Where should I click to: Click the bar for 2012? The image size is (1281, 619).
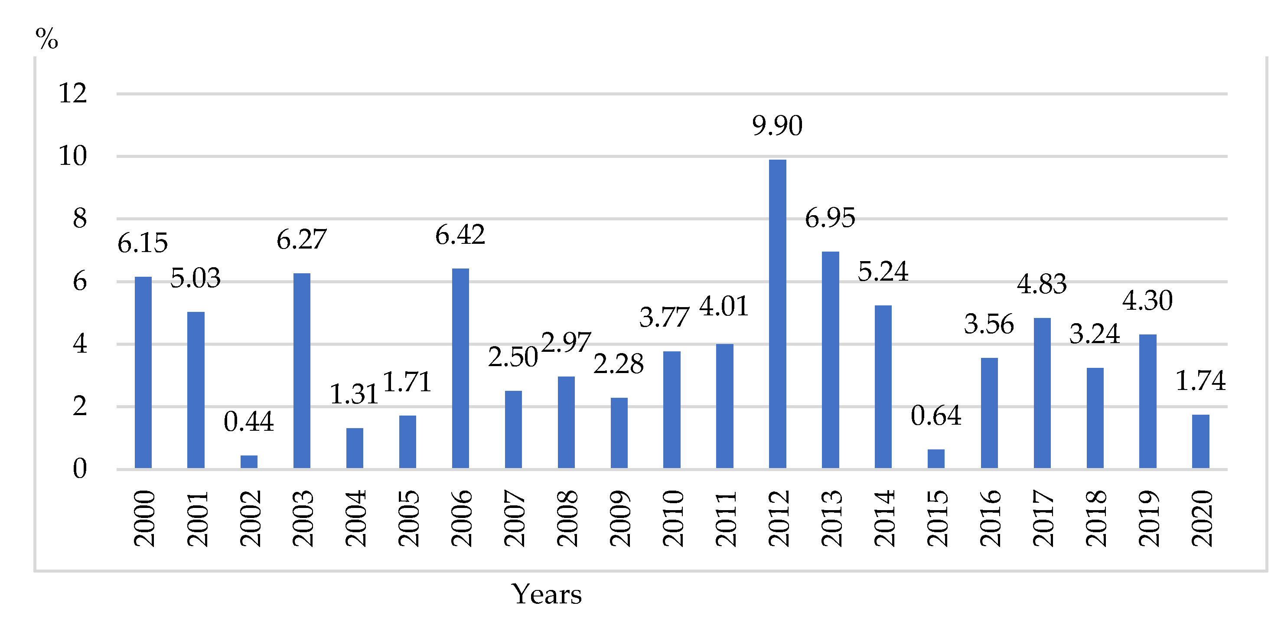click(777, 314)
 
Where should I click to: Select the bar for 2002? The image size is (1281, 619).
click(249, 462)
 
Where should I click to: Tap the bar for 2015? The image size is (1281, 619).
click(936, 459)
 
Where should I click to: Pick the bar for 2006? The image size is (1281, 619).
click(460, 368)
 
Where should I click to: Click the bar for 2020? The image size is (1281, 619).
click(1200, 441)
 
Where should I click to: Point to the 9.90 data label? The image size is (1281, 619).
click(777, 125)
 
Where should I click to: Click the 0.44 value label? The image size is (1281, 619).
click(249, 422)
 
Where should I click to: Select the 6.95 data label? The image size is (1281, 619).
click(830, 218)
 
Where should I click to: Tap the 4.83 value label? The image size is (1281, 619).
click(1042, 284)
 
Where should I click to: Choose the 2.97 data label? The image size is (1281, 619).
click(566, 342)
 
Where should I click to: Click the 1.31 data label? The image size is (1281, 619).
click(354, 394)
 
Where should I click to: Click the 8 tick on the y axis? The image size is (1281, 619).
click(80, 219)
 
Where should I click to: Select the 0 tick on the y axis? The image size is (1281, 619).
click(80, 469)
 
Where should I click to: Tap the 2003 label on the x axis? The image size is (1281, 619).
click(302, 518)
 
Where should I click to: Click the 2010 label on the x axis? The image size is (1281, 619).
click(672, 518)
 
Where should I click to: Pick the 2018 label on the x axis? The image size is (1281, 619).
click(1095, 518)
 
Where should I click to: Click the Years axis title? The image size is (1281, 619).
click(547, 594)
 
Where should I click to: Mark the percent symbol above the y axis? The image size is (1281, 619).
click(47, 38)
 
